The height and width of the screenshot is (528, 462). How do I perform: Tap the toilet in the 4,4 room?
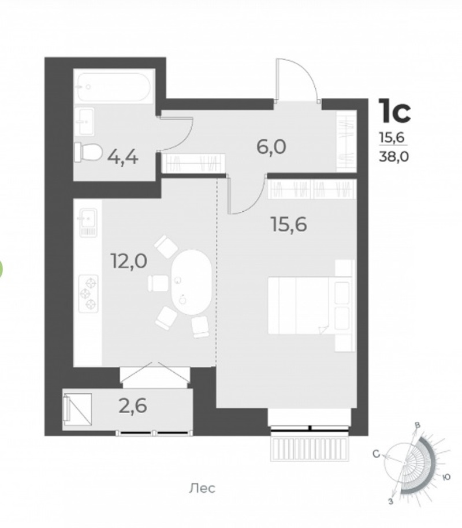pos(88,152)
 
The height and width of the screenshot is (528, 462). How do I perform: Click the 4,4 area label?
pos(122,156)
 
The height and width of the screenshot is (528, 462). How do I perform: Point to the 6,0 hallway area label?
pos(271,147)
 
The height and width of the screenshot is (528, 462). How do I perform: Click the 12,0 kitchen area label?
pos(129,261)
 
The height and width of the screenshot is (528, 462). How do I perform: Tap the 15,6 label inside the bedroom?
pos(289,224)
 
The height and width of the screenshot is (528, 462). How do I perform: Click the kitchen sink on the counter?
pos(88,222)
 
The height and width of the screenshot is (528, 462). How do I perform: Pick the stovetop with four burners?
pos(88,293)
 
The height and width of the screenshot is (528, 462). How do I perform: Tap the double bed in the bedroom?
pos(311,305)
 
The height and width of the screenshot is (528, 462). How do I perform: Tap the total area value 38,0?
pos(394,156)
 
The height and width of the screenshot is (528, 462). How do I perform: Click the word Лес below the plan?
pos(202,488)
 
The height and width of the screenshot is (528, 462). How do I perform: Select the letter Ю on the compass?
pos(446,477)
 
